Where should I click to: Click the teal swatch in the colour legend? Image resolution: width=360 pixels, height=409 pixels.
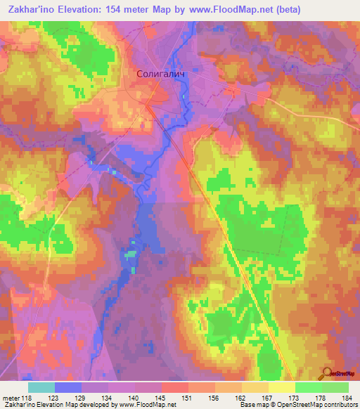[41, 387]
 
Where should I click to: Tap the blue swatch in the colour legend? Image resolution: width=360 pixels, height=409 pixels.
[68, 387]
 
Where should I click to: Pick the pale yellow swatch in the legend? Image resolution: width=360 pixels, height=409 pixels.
[282, 387]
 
